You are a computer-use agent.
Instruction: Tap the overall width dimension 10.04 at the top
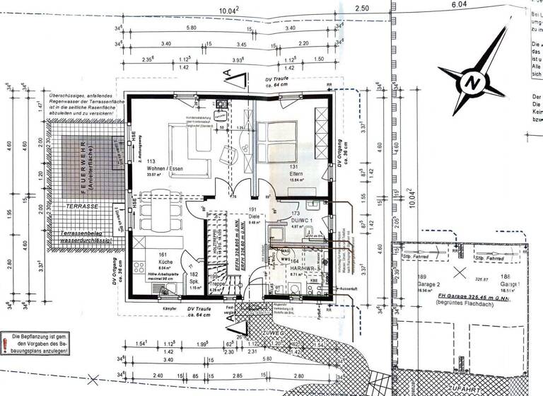(228, 10)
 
